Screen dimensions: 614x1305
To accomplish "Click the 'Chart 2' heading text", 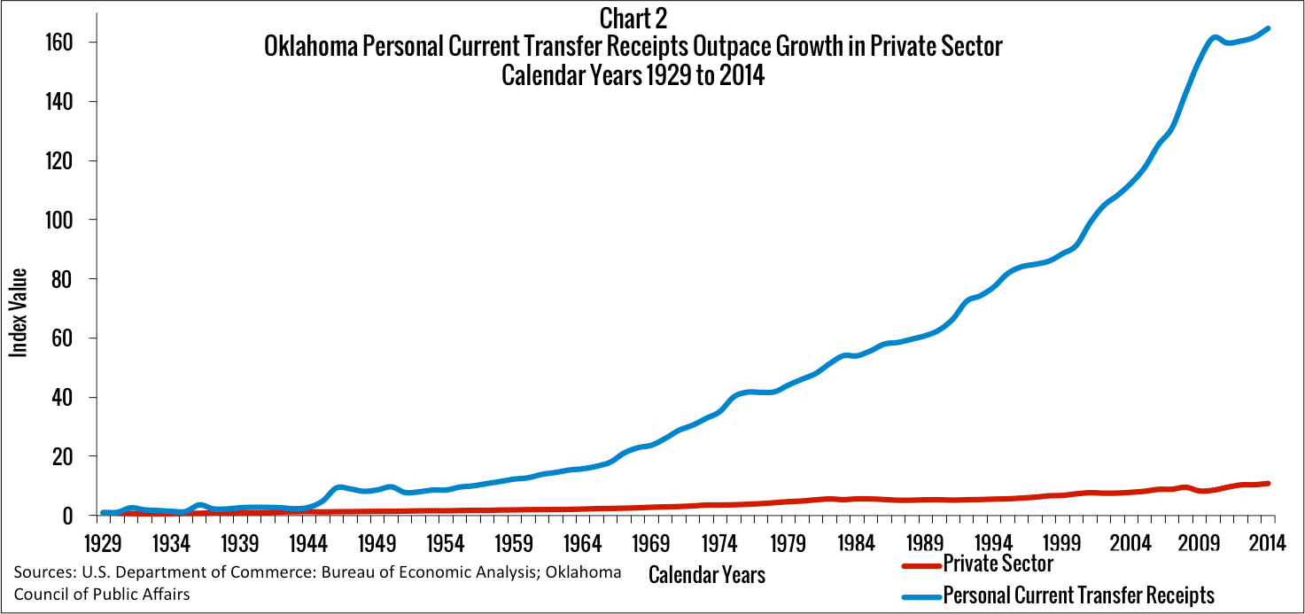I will point(633,18).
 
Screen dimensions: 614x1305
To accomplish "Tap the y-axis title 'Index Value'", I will point(19,312).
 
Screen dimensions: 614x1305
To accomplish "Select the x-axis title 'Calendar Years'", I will point(706,574).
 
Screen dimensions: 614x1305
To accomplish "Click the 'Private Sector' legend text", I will point(998,563).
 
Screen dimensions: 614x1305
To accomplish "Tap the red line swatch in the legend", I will point(920,565).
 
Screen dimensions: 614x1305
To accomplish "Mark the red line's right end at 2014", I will point(1268,483).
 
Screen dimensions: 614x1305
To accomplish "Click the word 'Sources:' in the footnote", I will point(41,573).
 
